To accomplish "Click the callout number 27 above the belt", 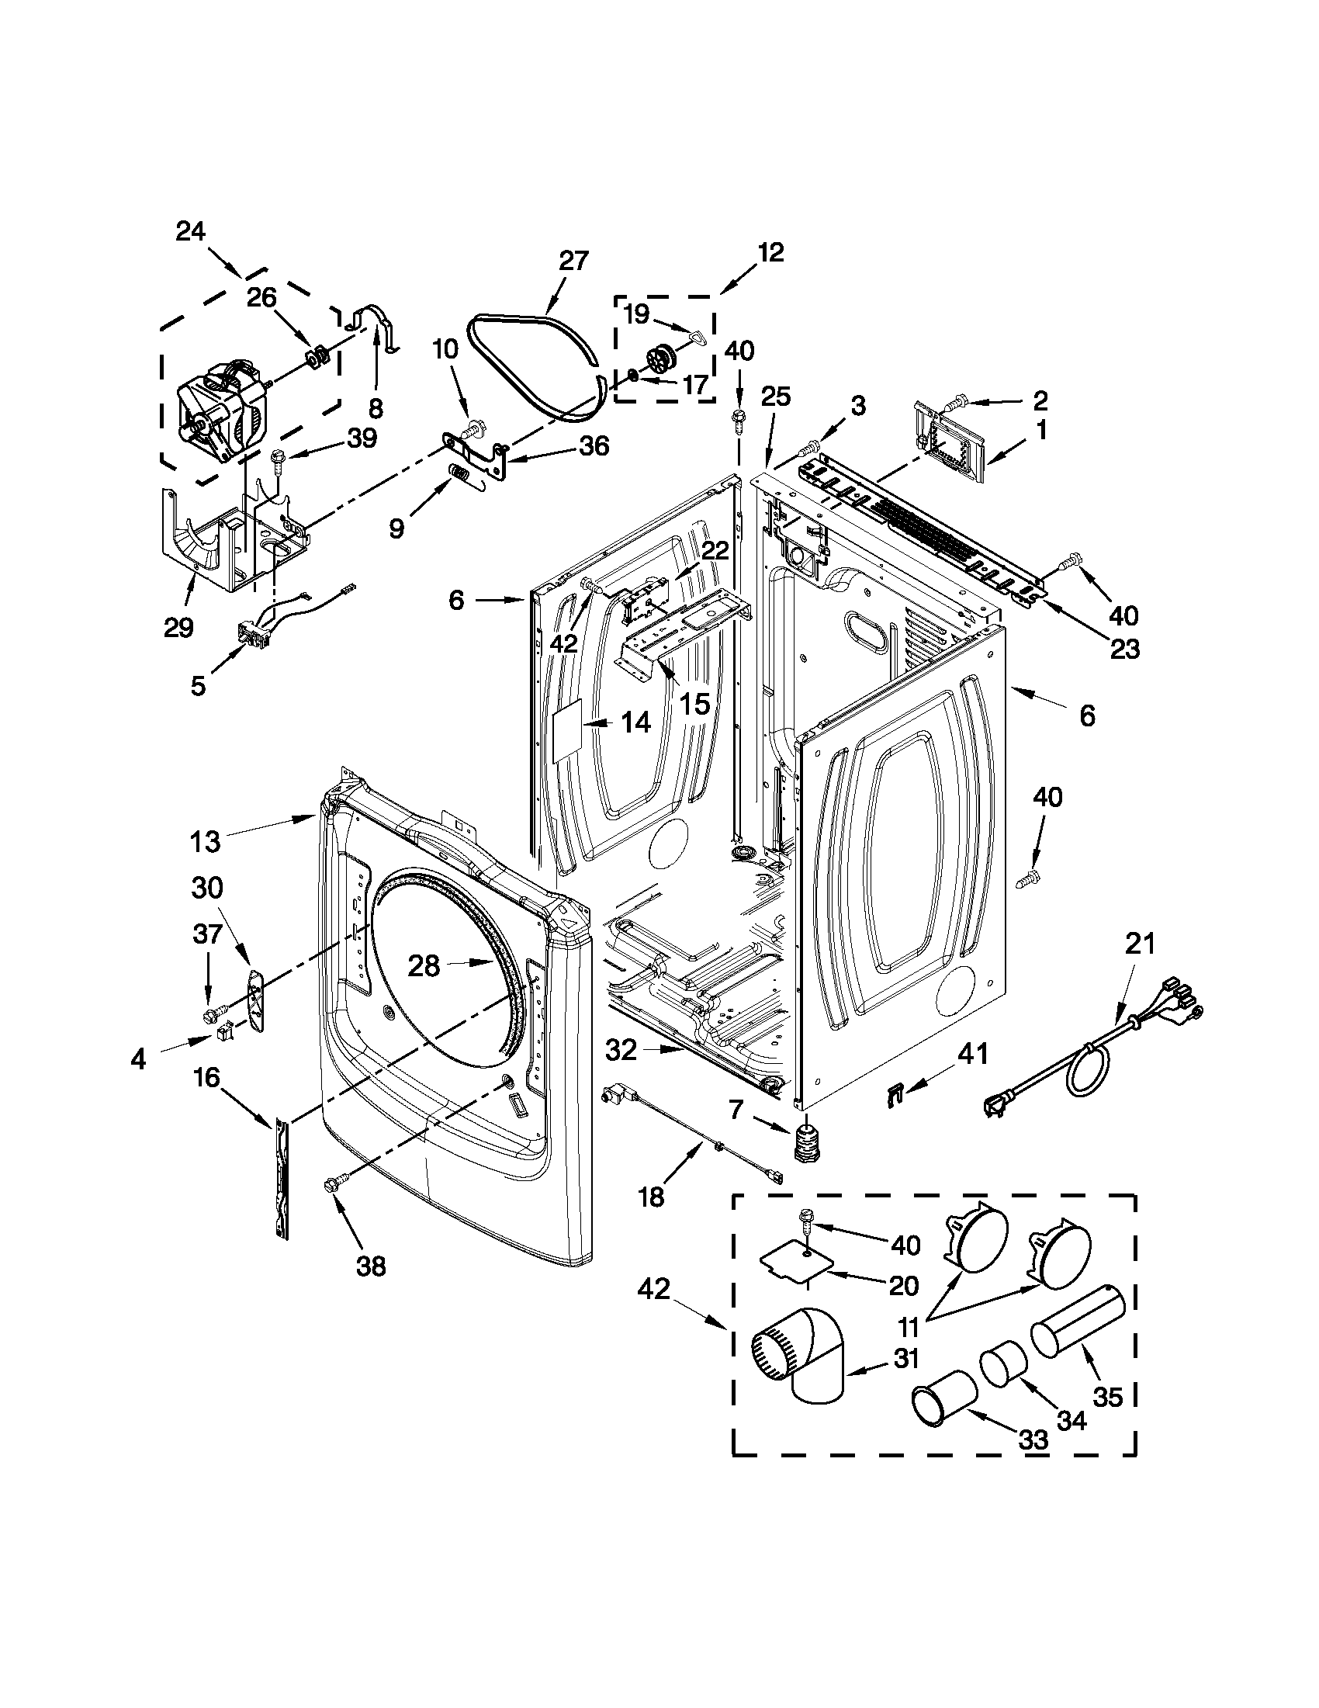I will (573, 261).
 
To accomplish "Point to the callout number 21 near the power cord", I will (1139, 944).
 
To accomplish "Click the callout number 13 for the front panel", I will (205, 841).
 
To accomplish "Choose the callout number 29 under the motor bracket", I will (178, 627).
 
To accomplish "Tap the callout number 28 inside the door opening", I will (424, 966).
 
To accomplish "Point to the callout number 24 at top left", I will (190, 231).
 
